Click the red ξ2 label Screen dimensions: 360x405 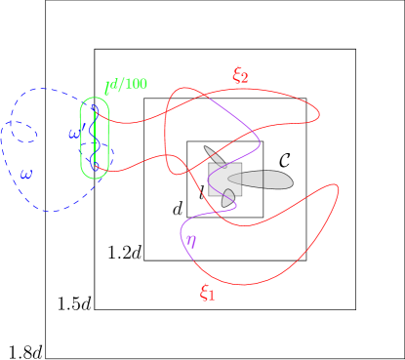click(240, 75)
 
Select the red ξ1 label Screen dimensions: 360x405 click(207, 293)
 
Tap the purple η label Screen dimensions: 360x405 click(191, 241)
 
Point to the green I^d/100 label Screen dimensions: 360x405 click(126, 86)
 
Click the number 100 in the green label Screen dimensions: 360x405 click(136, 84)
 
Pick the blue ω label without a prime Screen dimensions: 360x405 click(26, 175)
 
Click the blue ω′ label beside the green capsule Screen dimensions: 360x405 click(74, 134)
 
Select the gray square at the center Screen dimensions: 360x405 click(224, 179)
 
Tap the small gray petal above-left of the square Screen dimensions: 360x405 click(213, 154)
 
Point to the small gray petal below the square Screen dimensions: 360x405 click(228, 199)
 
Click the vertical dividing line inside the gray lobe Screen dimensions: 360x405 click(263, 180)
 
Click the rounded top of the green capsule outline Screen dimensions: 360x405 click(95, 99)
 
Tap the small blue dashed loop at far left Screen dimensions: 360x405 click(23, 132)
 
